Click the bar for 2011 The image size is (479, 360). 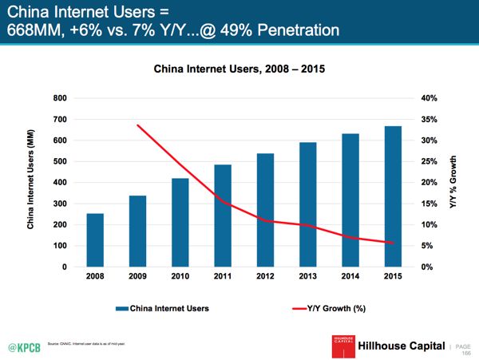pos(223,216)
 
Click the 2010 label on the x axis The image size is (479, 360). pos(180,277)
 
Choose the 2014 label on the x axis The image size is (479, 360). pos(350,277)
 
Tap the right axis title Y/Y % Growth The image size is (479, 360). pos(453,182)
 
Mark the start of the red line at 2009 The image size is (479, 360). pos(138,125)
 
